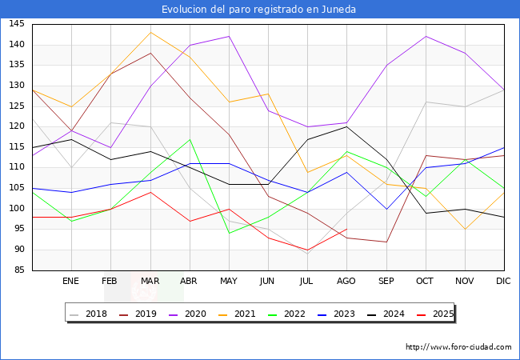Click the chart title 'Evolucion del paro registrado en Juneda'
click(259, 10)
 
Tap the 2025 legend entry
click(442, 314)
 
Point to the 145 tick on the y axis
click(16, 24)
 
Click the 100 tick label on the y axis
click(16, 209)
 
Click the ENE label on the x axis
click(71, 282)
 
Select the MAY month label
click(229, 282)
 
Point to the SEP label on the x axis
click(386, 282)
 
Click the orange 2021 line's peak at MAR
click(150, 32)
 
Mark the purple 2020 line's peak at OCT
click(426, 36)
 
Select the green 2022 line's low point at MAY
click(229, 233)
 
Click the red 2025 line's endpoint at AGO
click(346, 229)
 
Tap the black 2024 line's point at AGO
click(346, 126)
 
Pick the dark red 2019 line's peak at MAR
click(150, 53)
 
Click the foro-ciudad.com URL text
click(458, 347)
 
